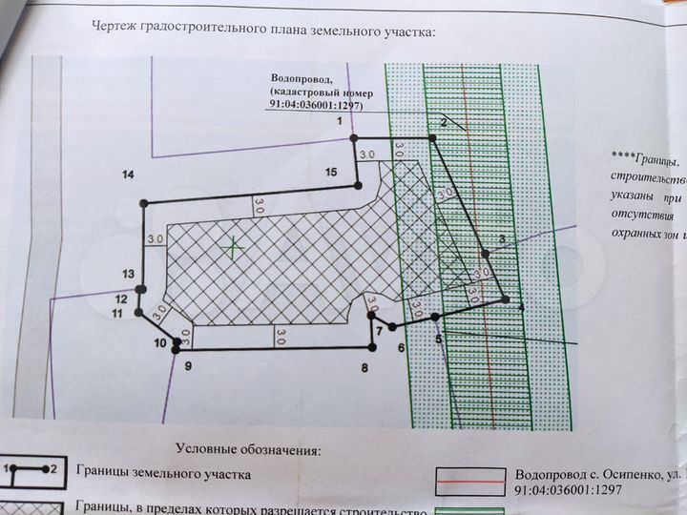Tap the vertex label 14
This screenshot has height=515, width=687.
click(x=129, y=174)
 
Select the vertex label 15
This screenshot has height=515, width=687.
click(x=331, y=172)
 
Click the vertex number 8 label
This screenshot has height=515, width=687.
click(x=364, y=367)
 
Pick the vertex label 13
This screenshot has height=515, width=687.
click(x=128, y=274)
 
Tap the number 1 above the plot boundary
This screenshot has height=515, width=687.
click(x=338, y=122)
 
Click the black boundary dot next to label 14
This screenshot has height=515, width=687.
click(x=144, y=203)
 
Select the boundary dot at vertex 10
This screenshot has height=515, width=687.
click(x=176, y=350)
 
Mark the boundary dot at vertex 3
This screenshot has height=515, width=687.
click(x=485, y=254)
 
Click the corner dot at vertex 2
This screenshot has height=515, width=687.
click(x=431, y=139)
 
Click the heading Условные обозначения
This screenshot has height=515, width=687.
click(x=250, y=448)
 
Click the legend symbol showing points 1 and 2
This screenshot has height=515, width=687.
click(x=31, y=470)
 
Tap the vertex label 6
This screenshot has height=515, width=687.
click(x=402, y=347)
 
